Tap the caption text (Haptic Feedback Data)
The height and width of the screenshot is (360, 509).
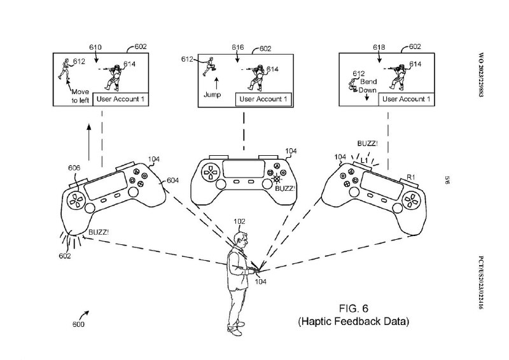click(x=354, y=322)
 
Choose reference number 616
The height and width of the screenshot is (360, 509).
click(x=238, y=47)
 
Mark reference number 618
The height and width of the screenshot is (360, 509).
click(x=379, y=47)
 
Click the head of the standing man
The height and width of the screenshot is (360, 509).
click(x=239, y=240)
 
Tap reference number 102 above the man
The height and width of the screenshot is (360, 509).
click(x=239, y=221)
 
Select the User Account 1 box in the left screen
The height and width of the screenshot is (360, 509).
click(x=121, y=99)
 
